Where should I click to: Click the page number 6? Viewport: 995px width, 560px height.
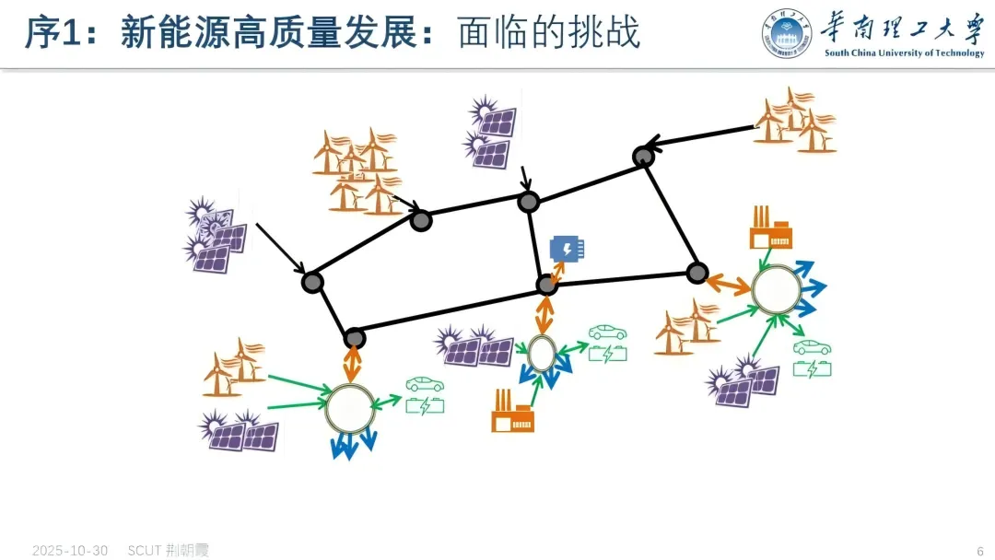pyautogui.click(x=980, y=551)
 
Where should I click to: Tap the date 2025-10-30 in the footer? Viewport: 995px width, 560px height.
pyautogui.click(x=70, y=551)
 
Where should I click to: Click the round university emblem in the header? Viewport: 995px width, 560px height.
pyautogui.click(x=788, y=35)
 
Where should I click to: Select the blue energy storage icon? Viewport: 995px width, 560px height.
pyautogui.click(x=567, y=249)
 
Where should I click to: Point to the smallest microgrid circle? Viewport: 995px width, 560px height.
pyautogui.click(x=541, y=352)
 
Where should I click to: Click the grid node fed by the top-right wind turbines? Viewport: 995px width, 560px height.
pyautogui.click(x=643, y=157)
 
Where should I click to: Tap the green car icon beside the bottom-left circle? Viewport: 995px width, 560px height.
pyautogui.click(x=425, y=384)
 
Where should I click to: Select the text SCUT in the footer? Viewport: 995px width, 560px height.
pyautogui.click(x=145, y=551)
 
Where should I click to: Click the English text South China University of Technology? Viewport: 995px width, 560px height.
pyautogui.click(x=904, y=53)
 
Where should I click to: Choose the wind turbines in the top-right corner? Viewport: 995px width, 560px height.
pyautogui.click(x=794, y=120)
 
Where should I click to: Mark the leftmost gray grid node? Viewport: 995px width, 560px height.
pyautogui.click(x=312, y=282)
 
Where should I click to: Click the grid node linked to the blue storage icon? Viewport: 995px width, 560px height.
pyautogui.click(x=547, y=285)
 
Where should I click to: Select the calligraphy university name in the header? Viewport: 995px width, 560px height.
pyautogui.click(x=904, y=28)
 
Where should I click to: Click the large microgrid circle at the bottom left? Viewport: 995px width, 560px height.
pyautogui.click(x=350, y=408)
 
